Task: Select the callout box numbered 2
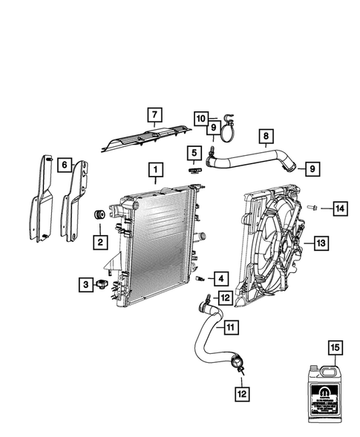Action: click(x=97, y=240)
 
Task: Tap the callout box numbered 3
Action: click(x=85, y=283)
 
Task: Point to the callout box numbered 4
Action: click(x=220, y=278)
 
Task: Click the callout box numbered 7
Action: click(x=154, y=114)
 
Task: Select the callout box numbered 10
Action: click(x=200, y=119)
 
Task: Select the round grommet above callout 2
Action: click(x=96, y=216)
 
